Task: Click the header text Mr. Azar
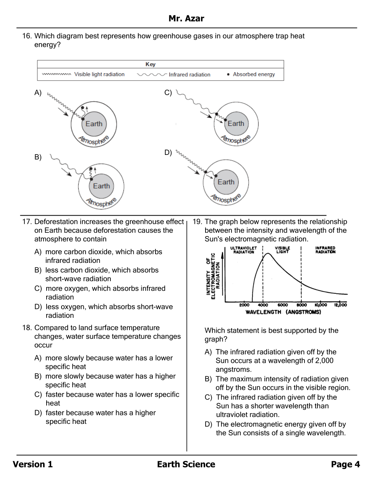(x=186, y=18)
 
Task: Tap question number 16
(x=26, y=36)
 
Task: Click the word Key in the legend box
(x=151, y=64)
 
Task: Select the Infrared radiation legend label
(x=189, y=75)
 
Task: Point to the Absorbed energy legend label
(x=254, y=74)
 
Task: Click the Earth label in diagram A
(x=94, y=124)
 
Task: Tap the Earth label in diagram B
(x=102, y=186)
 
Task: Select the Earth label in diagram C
(x=236, y=124)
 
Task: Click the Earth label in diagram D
(x=226, y=182)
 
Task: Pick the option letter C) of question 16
(x=168, y=93)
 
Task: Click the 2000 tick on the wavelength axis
(x=244, y=305)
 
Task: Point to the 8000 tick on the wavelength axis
(x=302, y=305)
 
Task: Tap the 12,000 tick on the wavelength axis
(x=340, y=305)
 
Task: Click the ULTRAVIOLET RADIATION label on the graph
(x=244, y=250)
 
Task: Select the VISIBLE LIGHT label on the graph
(x=282, y=250)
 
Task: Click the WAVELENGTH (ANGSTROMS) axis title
(x=283, y=312)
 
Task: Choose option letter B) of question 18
(x=38, y=376)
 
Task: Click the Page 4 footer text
(x=345, y=464)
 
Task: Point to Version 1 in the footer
(x=33, y=464)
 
